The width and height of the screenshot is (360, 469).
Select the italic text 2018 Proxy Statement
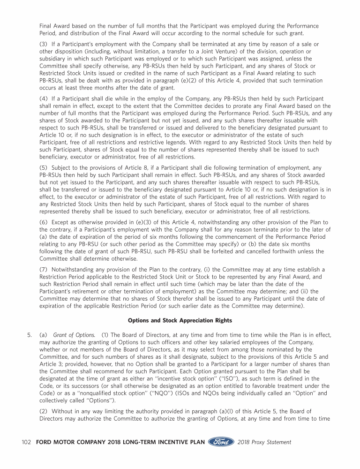coord(264,442)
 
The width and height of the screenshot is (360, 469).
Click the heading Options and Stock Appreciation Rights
coord(180,321)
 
